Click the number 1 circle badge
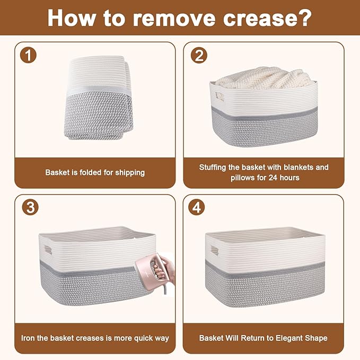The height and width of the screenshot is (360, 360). pos(28,55)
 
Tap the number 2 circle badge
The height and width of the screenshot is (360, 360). pos(199,55)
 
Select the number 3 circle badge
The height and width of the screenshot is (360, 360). pos(30,207)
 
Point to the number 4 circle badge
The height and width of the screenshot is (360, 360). pos(196,207)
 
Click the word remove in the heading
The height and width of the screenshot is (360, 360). pos(174,19)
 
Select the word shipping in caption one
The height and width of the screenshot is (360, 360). pos(130,173)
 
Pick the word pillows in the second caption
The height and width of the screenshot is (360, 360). pos(241,178)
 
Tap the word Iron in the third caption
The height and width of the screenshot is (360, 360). pos(28,338)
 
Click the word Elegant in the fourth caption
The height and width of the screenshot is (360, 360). pos(290,338)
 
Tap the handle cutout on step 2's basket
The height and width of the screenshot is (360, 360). pos(219,96)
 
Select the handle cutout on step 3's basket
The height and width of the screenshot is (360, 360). pos(48,250)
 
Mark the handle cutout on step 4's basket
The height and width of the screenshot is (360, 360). pos(215,250)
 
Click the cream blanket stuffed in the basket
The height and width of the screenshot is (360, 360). pos(265,78)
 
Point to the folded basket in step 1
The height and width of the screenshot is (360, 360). pos(99,98)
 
